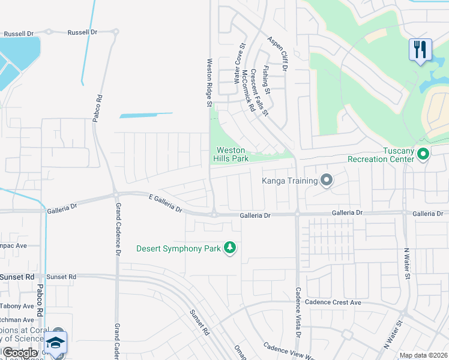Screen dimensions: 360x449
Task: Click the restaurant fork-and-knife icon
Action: click(420, 49)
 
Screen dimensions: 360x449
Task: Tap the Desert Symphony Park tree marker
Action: click(229, 248)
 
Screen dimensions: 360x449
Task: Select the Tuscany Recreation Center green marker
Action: click(423, 154)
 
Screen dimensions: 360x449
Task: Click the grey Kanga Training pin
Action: click(327, 179)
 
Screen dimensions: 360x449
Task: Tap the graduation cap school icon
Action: click(55, 343)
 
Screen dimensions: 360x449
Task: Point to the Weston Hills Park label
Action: click(232, 154)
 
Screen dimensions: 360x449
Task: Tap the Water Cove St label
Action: click(240, 62)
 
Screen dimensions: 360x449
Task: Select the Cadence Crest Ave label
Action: click(333, 302)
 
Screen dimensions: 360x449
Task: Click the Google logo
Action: click(20, 352)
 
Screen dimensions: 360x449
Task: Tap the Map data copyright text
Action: click(423, 355)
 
